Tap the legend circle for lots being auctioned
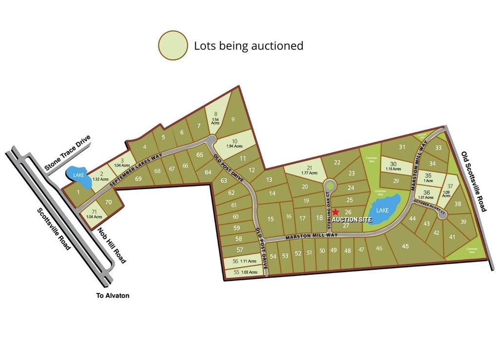pos(173,45)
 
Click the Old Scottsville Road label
pos(474,181)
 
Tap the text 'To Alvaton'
pos(113,296)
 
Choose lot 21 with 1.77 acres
pos(309,169)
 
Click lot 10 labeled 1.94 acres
pos(234,143)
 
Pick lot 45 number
pos(405,246)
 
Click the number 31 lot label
pos(402,147)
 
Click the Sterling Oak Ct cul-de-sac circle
pos(329,186)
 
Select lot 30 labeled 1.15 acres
pos(393,166)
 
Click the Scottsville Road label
pos(54,228)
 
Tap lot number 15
pos(271,219)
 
